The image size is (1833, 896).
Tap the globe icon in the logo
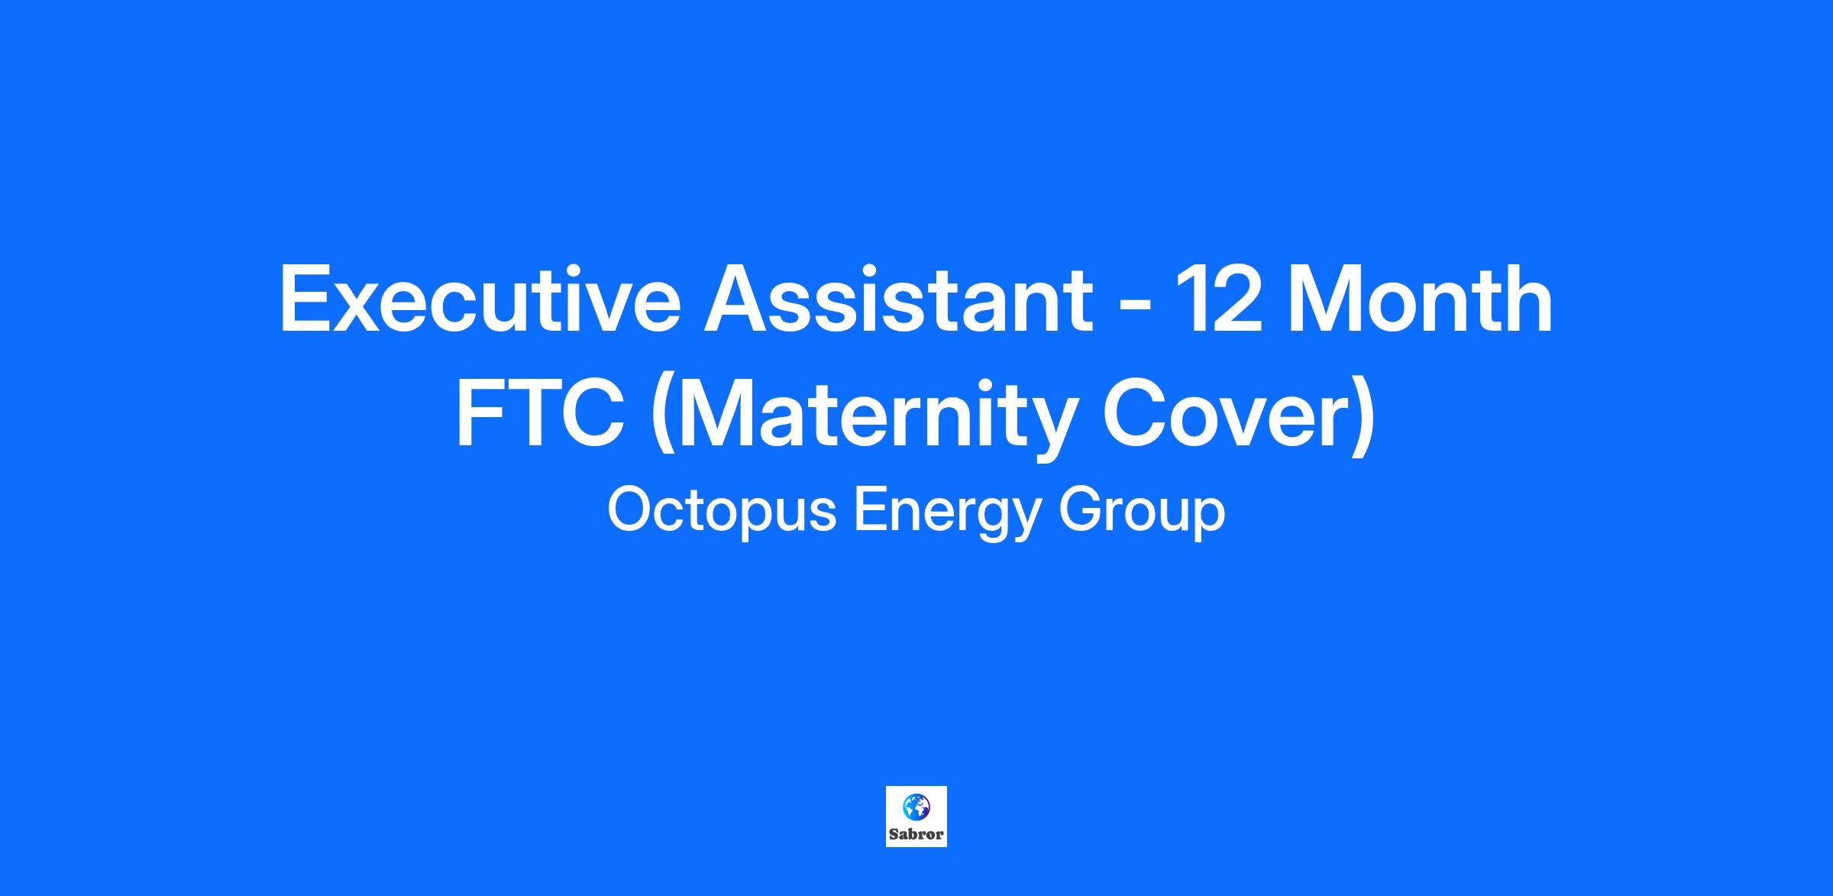tap(916, 806)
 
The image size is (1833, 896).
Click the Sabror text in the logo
tap(916, 834)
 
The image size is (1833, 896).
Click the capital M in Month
tap(1325, 299)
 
